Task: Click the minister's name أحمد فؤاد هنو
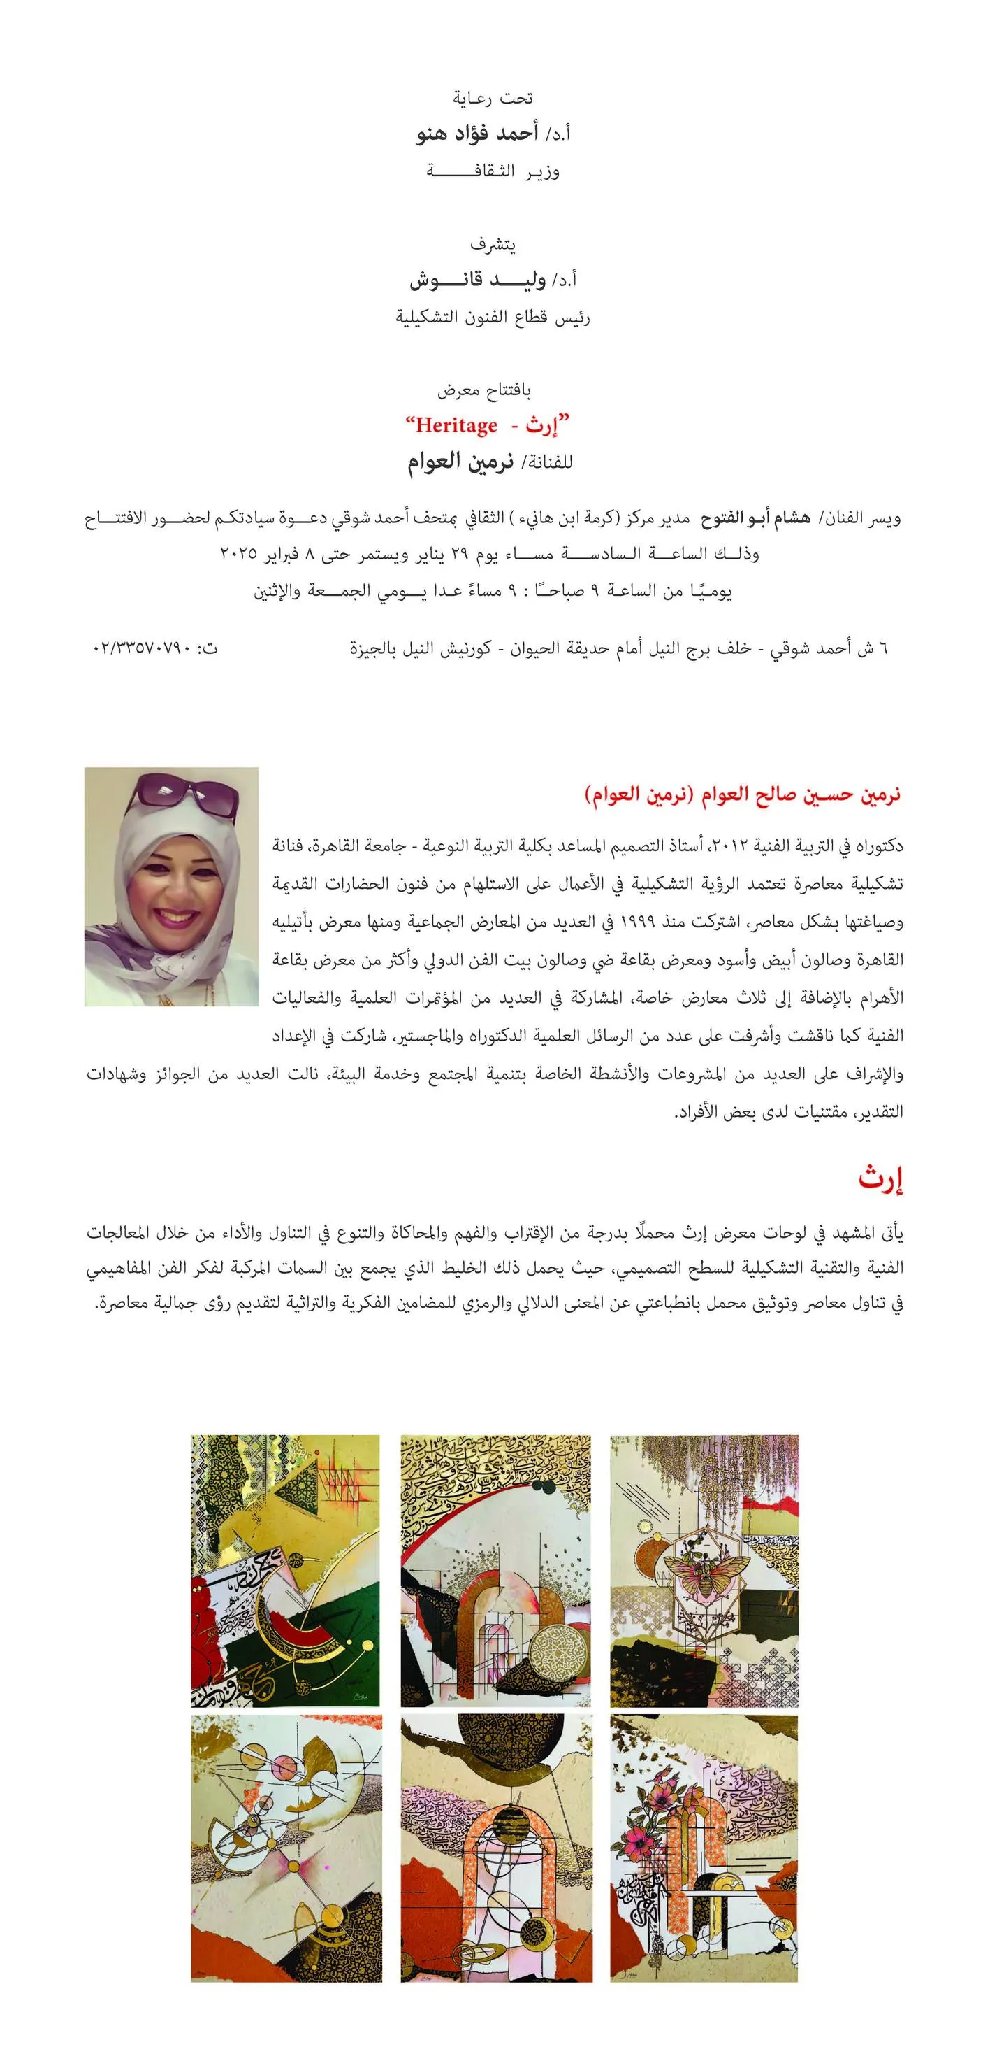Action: pos(476,134)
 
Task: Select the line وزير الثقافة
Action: pos(493,171)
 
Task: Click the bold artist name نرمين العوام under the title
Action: pos(460,463)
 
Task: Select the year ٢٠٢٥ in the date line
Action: pos(238,554)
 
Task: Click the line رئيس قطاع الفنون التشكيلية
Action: pos(493,317)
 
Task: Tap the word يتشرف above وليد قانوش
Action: pos(493,244)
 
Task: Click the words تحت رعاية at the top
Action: pos(493,98)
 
